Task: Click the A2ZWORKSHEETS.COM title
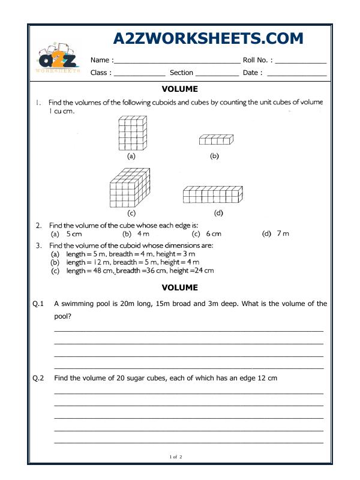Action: (x=208, y=38)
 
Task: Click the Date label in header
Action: (x=253, y=73)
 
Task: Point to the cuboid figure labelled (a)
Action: (x=131, y=133)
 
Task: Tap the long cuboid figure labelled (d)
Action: (x=213, y=194)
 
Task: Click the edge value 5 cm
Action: (x=74, y=234)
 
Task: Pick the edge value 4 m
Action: (x=143, y=234)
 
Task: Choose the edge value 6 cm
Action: (x=214, y=234)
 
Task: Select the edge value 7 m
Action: (x=283, y=234)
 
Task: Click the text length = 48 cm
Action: (x=89, y=271)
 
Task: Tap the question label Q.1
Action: (x=38, y=304)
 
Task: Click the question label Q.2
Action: (x=38, y=378)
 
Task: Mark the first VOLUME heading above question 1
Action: (x=180, y=89)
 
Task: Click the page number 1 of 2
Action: (x=176, y=457)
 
